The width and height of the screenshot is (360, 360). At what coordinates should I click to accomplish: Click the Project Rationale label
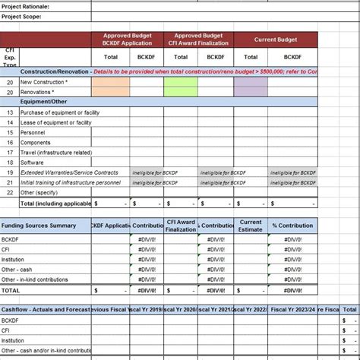[25, 6]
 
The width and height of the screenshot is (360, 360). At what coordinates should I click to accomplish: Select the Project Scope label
[21, 16]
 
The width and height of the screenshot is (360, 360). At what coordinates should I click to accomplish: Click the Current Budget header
[275, 39]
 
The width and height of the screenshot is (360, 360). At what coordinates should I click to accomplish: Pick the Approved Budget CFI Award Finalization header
[198, 39]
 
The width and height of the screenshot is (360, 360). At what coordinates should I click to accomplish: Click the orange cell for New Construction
[111, 82]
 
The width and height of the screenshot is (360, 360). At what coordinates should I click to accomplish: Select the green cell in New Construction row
[180, 82]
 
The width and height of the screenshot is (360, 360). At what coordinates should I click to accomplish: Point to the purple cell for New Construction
[251, 82]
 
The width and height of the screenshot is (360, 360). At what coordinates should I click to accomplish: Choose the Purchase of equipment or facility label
[55, 112]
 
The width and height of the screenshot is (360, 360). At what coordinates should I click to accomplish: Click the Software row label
[32, 163]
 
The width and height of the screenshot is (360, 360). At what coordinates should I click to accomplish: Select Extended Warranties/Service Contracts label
[69, 172]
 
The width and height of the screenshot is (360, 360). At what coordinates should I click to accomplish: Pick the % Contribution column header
[292, 226]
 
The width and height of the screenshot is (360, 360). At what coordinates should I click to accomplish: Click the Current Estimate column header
[251, 226]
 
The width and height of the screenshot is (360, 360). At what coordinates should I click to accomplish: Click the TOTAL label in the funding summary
[11, 290]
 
